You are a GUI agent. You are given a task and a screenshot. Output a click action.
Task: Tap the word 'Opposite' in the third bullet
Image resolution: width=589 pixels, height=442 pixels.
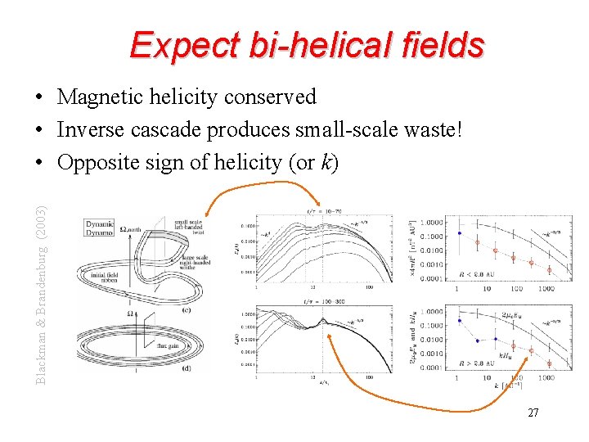pyautogui.click(x=92, y=163)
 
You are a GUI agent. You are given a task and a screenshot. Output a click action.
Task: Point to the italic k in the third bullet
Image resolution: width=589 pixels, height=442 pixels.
pyautogui.click(x=326, y=162)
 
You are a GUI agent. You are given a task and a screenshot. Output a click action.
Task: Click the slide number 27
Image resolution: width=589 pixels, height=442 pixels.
pyautogui.click(x=533, y=413)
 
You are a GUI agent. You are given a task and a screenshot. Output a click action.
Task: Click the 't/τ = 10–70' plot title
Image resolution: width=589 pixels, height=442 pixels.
pyautogui.click(x=322, y=210)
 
